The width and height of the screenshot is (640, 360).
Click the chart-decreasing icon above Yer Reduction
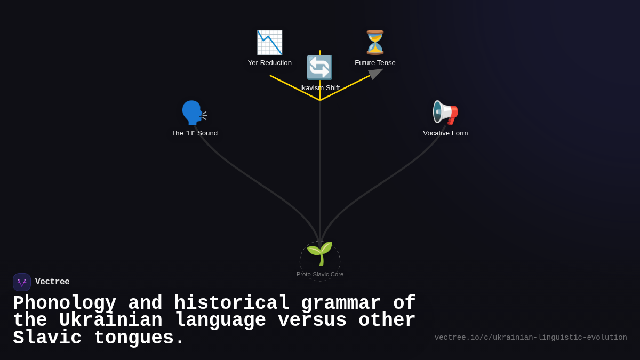tap(269, 43)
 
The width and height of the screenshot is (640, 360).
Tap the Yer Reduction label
tap(270, 63)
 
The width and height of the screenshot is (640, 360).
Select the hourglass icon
tap(375, 43)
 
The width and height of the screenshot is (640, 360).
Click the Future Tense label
tap(375, 63)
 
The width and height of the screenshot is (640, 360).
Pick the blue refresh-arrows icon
tap(319, 68)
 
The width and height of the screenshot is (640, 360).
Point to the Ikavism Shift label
tap(320, 88)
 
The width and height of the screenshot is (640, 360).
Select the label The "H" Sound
tap(194, 133)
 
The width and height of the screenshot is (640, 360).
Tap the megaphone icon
tap(445, 113)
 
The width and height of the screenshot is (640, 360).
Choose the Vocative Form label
tap(445, 133)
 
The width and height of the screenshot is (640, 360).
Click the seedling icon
tap(319, 254)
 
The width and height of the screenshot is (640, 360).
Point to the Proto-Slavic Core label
tap(320, 274)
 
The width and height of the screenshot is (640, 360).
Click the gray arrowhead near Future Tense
tap(375, 74)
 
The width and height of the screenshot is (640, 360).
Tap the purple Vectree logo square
tap(22, 282)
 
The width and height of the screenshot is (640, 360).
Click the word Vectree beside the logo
tap(52, 282)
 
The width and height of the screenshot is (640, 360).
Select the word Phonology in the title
tap(65, 303)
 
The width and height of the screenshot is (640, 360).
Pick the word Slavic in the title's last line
tap(47, 338)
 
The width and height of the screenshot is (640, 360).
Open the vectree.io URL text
tap(531, 338)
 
